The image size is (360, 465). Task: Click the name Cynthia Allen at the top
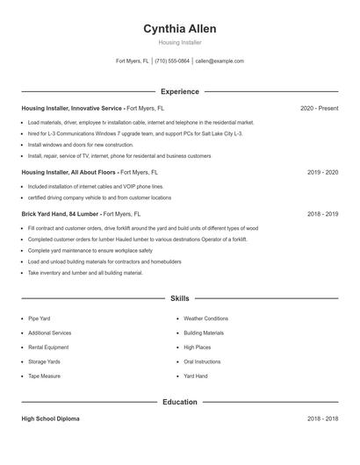click(x=180, y=29)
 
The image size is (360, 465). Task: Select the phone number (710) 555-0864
click(x=172, y=61)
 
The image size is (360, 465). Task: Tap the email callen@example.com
click(x=220, y=61)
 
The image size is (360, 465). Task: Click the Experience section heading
click(x=180, y=91)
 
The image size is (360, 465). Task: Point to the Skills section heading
click(x=180, y=299)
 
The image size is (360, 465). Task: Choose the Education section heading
click(x=180, y=402)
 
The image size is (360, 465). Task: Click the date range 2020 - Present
click(x=319, y=108)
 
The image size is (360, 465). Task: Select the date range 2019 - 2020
click(x=322, y=173)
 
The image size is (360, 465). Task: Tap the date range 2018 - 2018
click(x=322, y=419)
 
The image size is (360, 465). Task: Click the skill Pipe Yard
click(x=40, y=318)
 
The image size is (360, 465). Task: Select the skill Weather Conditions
click(x=205, y=318)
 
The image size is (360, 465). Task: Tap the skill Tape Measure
click(x=45, y=376)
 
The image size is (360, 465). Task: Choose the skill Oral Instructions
click(x=202, y=361)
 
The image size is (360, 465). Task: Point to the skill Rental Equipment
click(x=49, y=347)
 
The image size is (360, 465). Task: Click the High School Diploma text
click(x=50, y=419)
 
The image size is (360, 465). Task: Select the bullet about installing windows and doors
click(x=81, y=145)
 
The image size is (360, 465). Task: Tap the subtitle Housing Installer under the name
click(x=180, y=42)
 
